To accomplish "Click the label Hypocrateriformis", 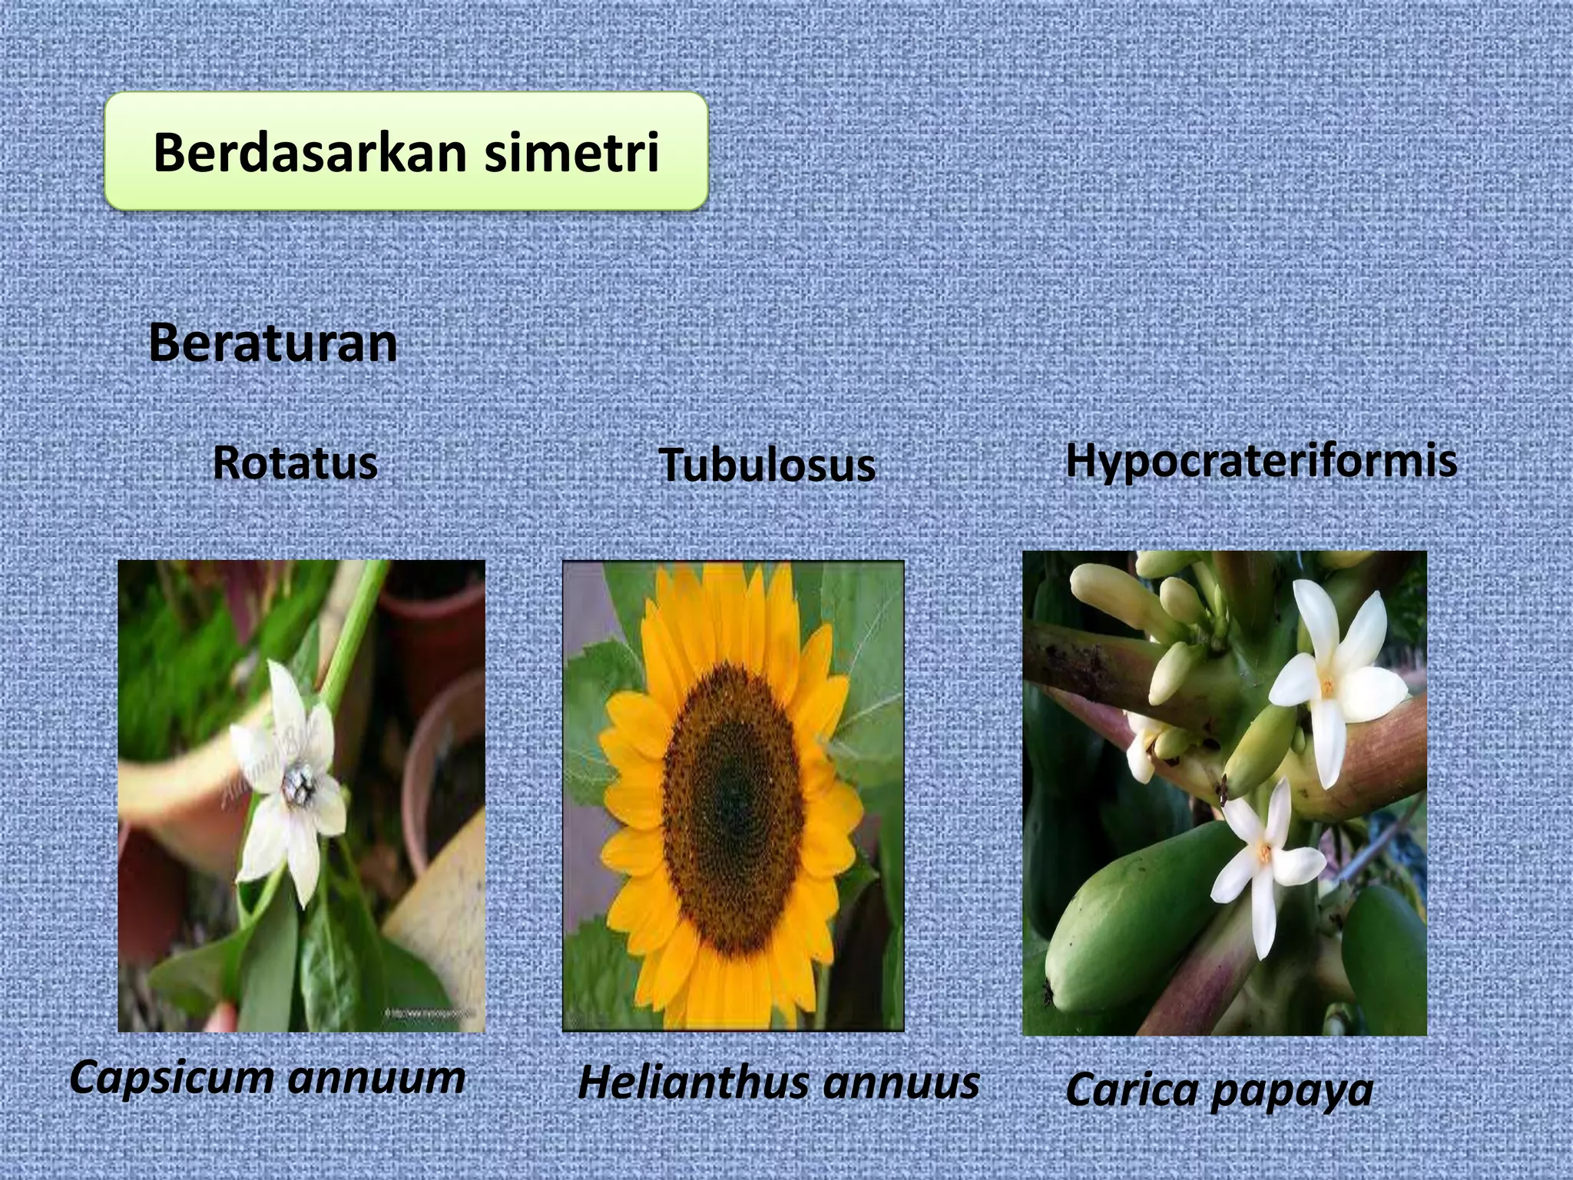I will pos(1261,461).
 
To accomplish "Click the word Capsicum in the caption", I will pos(171,1077).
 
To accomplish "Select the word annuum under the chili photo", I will pos(376,1077).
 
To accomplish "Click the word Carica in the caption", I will pos(1129,1089).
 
